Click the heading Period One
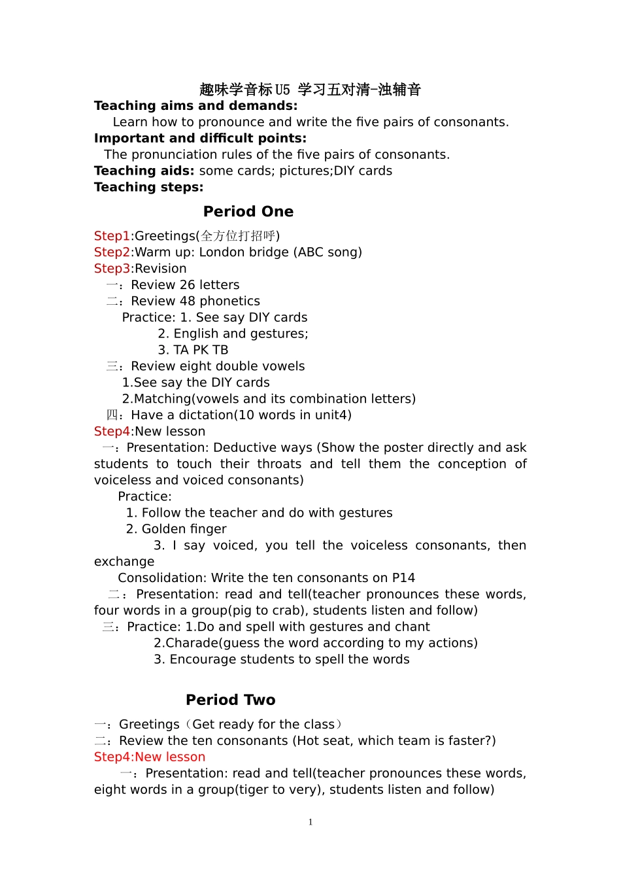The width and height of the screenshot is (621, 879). point(248,212)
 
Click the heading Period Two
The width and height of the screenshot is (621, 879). point(231,700)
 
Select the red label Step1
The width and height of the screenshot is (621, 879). point(112,236)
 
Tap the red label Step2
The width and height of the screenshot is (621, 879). point(112,252)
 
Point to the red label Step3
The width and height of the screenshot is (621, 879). point(112,269)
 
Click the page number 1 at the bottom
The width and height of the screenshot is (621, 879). point(310,822)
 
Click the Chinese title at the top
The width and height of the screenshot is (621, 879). point(310,90)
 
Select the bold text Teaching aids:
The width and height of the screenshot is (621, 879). point(144,171)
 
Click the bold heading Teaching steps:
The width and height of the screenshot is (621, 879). point(148,188)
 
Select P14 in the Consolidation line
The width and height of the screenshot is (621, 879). point(403,578)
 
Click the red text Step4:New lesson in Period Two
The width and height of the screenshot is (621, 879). point(150,757)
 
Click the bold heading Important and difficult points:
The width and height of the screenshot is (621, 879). point(200,139)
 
